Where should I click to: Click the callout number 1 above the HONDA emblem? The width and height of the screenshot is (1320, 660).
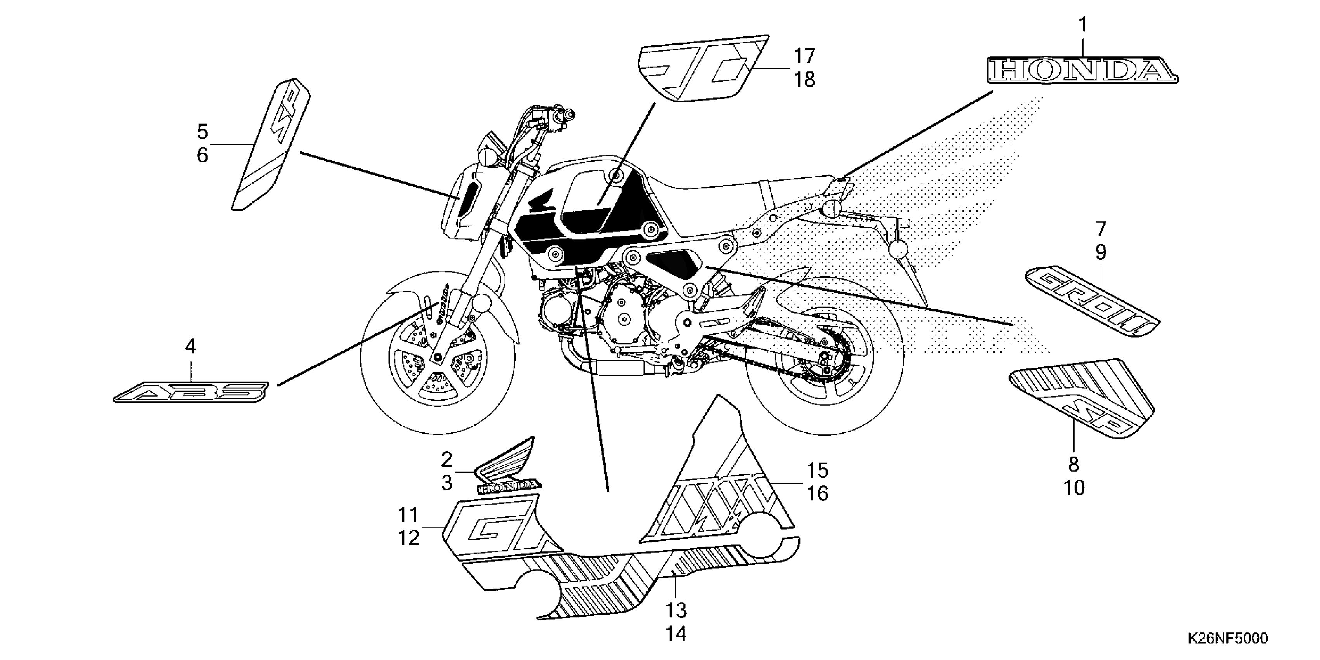pyautogui.click(x=1082, y=24)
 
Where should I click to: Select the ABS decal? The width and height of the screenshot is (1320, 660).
pyautogui.click(x=191, y=393)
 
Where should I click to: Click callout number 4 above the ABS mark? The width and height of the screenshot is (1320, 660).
pyautogui.click(x=190, y=347)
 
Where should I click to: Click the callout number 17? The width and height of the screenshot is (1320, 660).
pyautogui.click(x=804, y=56)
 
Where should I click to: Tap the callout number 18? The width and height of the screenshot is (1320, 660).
pyautogui.click(x=804, y=80)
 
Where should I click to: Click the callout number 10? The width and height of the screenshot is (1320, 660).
pyautogui.click(x=1073, y=488)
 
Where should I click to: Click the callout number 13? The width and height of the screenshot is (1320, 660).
pyautogui.click(x=676, y=610)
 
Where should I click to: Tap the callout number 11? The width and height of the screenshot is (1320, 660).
pyautogui.click(x=408, y=514)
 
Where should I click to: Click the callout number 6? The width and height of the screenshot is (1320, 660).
pyautogui.click(x=202, y=155)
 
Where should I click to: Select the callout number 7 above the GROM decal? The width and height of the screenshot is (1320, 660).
pyautogui.click(x=1101, y=228)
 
